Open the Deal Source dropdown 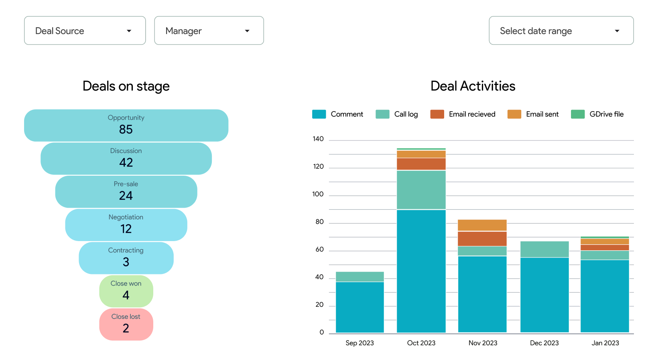point(85,30)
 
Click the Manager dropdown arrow point(247,31)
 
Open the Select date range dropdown point(561,30)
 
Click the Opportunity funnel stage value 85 point(126,129)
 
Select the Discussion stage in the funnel point(126,158)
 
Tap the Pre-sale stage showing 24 point(126,192)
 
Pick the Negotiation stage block point(126,225)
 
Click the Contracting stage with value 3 point(126,258)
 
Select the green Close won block point(126,291)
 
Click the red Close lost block point(126,324)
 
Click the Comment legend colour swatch point(319,114)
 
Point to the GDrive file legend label point(606,114)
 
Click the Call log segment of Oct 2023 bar point(421,190)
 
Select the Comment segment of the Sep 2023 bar point(359,307)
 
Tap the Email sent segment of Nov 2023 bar point(482,225)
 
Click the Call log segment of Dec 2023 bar point(544,249)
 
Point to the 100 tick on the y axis point(318,194)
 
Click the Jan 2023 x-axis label point(605,343)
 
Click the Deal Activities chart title point(473,86)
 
